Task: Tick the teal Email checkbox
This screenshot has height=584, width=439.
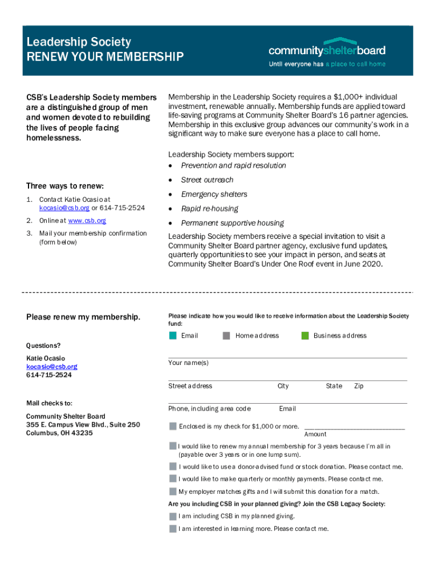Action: [x=173, y=335]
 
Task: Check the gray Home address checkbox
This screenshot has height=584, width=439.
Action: [x=226, y=335]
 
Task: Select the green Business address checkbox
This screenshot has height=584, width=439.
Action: [x=305, y=335]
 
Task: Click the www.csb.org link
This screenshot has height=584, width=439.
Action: [x=87, y=221]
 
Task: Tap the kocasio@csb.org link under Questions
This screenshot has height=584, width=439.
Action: [x=52, y=367]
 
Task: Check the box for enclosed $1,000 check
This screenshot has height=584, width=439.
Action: [x=173, y=426]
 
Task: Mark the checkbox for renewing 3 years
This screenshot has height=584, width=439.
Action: [x=173, y=445]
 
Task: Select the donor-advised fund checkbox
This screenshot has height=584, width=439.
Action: [x=173, y=467]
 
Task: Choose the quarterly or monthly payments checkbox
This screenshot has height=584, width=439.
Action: [x=173, y=479]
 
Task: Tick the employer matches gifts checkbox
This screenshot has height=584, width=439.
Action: [x=173, y=492]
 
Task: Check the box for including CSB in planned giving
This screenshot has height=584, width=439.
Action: [x=173, y=516]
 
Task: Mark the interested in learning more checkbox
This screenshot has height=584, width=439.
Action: [x=173, y=529]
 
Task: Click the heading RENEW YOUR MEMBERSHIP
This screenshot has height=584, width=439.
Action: [x=105, y=57]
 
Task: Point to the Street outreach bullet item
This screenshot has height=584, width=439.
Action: [x=207, y=180]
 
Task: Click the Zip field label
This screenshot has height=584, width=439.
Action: [x=359, y=386]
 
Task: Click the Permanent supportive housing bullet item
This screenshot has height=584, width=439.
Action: [x=232, y=223]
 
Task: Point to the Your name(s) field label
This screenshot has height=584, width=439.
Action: [x=188, y=363]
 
